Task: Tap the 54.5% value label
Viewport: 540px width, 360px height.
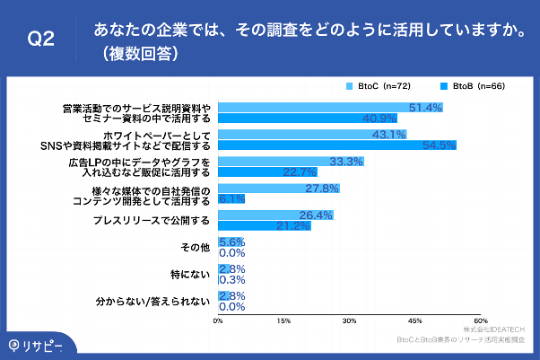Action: (x=439, y=145)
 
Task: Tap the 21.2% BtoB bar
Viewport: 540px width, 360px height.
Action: (x=264, y=225)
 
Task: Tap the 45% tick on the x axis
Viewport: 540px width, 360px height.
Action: (x=414, y=320)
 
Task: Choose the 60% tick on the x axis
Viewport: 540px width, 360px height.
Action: (x=480, y=320)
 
